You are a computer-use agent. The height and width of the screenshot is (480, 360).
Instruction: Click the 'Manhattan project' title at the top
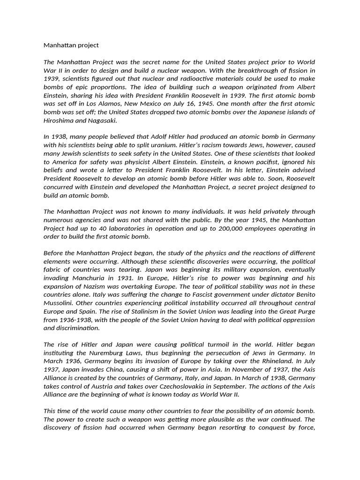click(x=71, y=45)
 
